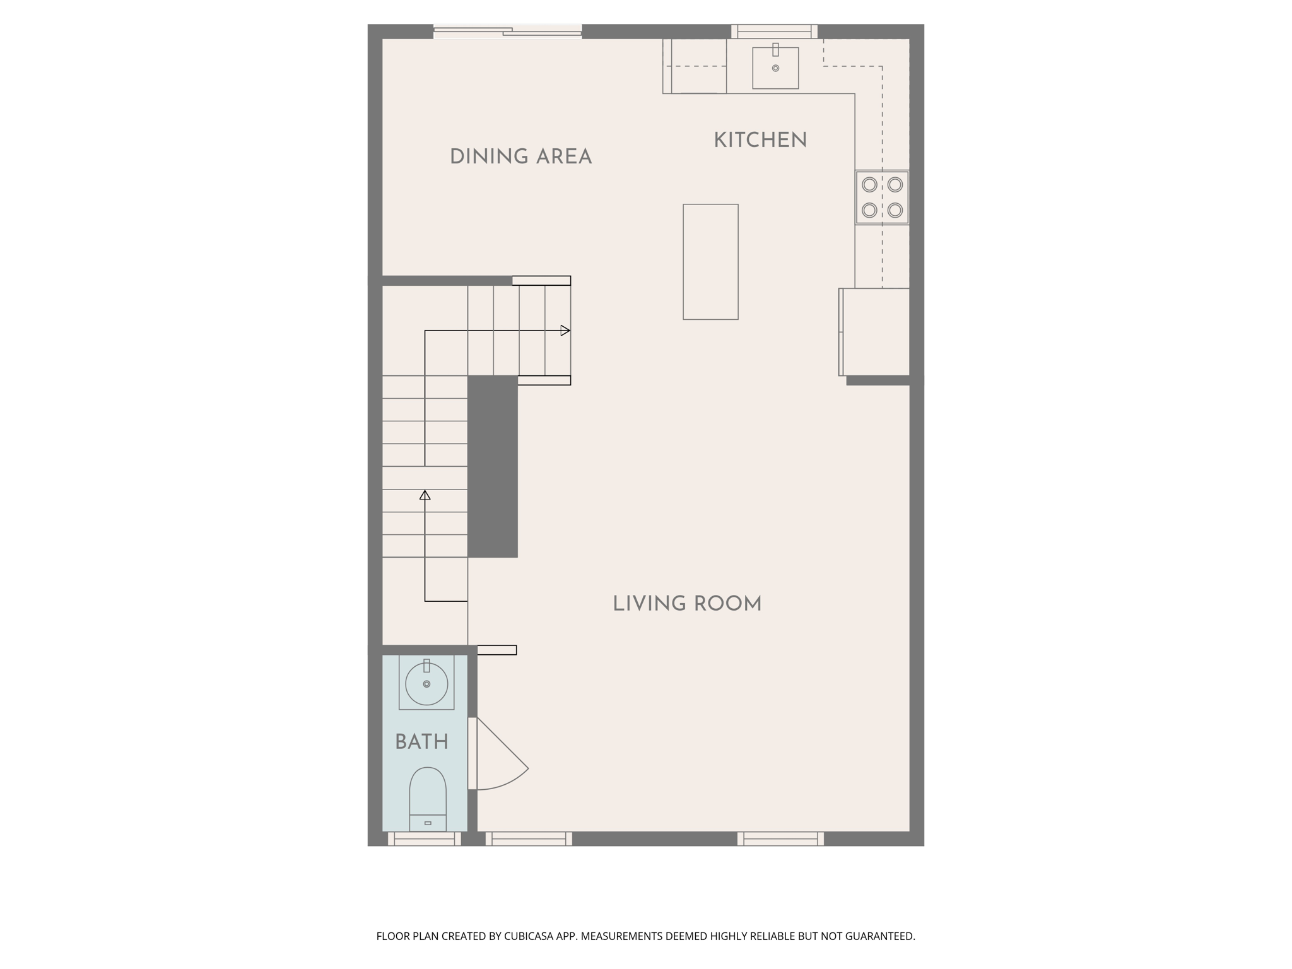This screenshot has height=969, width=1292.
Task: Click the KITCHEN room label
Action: click(760, 140)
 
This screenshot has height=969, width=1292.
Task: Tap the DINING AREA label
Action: click(520, 156)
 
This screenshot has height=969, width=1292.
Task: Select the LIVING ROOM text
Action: click(687, 604)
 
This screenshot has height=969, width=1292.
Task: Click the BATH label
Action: click(421, 742)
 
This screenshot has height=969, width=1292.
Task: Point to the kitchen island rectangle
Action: click(710, 262)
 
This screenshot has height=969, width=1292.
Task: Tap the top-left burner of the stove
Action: click(869, 184)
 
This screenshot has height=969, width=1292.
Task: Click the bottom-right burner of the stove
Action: click(895, 210)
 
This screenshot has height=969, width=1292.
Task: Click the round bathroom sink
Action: click(426, 684)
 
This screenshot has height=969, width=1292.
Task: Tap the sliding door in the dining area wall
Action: click(507, 31)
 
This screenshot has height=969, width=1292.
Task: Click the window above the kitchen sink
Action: click(774, 31)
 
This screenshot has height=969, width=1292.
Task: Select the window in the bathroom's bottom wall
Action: click(424, 838)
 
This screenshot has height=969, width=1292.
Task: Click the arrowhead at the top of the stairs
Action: click(565, 331)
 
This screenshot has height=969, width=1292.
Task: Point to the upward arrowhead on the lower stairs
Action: click(425, 495)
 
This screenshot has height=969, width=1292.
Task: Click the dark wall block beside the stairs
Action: click(492, 466)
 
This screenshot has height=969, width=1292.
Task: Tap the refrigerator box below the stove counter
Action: click(874, 332)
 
